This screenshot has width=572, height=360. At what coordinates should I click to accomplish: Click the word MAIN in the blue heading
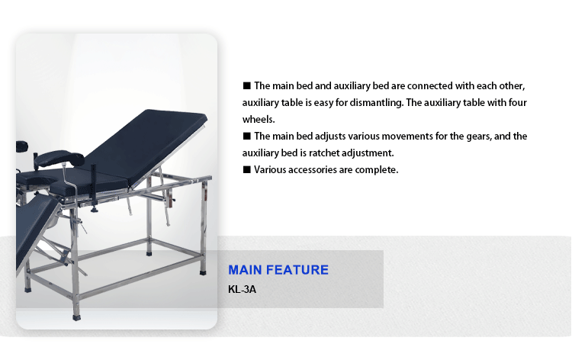[245, 270]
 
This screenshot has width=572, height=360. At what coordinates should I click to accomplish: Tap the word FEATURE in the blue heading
[297, 270]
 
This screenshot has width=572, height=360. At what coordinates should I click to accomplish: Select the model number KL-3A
[242, 289]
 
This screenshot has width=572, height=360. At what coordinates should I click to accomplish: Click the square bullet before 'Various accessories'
[247, 169]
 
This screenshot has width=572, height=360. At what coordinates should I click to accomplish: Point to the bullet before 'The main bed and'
[247, 85]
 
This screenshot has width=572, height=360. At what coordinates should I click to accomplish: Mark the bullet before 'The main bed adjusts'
[247, 136]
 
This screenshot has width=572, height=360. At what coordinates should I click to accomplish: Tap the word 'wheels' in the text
[259, 119]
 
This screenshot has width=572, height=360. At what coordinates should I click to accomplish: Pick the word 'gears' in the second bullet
[479, 137]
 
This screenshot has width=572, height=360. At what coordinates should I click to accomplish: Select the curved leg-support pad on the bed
[59, 159]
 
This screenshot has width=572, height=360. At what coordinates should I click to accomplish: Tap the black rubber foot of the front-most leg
[76, 317]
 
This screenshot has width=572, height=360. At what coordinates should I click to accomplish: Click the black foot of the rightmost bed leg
[203, 272]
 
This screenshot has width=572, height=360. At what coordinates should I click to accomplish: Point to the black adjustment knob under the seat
[95, 209]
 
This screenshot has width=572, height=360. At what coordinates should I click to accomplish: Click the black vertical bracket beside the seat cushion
[93, 183]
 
